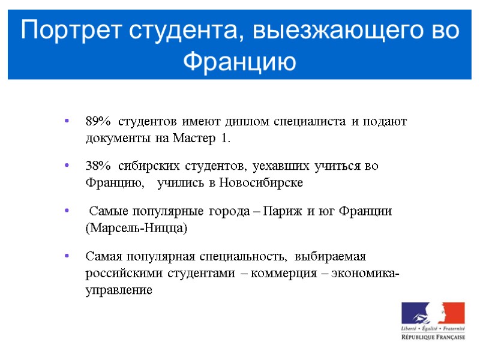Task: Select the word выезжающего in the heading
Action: tap(339, 30)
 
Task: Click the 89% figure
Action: tap(98, 122)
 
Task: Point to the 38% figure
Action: tap(98, 166)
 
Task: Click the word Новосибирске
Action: tap(262, 183)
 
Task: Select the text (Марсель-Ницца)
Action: tap(136, 229)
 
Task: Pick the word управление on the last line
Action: tap(119, 291)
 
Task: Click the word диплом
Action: tap(245, 122)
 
